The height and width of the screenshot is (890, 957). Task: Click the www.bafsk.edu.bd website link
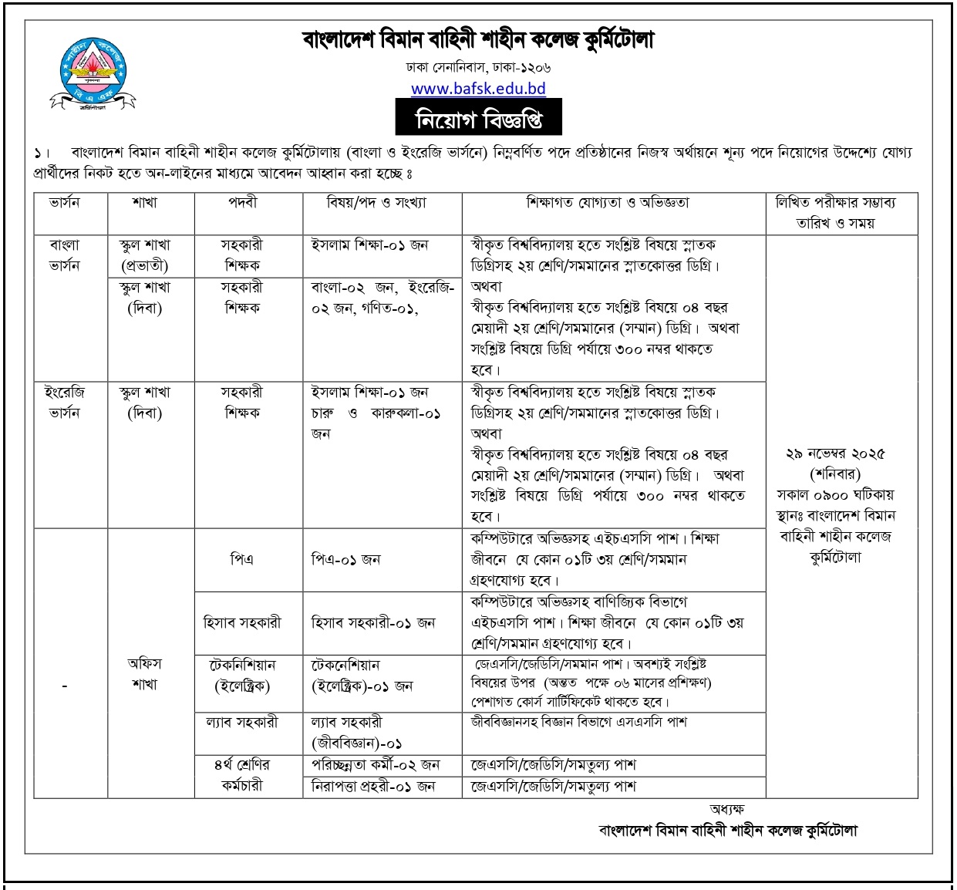click(x=478, y=88)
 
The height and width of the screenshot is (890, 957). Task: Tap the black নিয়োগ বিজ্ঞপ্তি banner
click(x=478, y=120)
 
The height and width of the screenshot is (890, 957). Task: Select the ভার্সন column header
click(x=65, y=203)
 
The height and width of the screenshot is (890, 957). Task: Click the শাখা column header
click(x=144, y=203)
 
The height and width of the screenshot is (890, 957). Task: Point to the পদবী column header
click(x=242, y=203)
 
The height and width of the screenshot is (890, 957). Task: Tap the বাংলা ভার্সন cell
click(x=65, y=255)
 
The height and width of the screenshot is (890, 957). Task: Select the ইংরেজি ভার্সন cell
click(x=65, y=402)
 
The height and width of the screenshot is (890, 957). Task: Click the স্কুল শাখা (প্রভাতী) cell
click(x=145, y=255)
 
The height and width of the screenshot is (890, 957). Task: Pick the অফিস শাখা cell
click(x=145, y=673)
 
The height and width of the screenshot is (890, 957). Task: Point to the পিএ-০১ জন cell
click(x=345, y=559)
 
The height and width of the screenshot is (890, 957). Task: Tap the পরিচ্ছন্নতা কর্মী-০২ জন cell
click(x=375, y=765)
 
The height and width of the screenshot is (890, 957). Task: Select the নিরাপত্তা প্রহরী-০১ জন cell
click(x=373, y=787)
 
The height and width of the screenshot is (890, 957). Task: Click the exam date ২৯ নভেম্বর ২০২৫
click(x=836, y=453)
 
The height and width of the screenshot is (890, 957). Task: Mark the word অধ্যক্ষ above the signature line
click(x=726, y=809)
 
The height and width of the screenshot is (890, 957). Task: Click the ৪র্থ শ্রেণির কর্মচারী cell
click(x=242, y=775)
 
